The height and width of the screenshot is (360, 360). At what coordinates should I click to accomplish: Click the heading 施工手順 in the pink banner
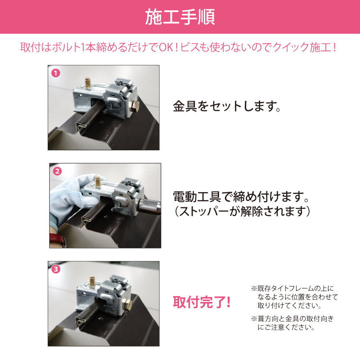pos(180,17)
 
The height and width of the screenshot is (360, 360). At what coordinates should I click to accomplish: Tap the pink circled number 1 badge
pos(56,73)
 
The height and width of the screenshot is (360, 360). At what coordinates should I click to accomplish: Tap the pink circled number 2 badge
pos(58,171)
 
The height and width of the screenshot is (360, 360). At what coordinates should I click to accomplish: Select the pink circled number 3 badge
pos(56,269)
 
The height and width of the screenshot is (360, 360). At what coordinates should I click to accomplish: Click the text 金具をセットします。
pos(227,106)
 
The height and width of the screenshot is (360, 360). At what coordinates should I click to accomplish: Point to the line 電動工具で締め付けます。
pos(241,197)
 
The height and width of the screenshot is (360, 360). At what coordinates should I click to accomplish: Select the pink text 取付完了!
pos(202,302)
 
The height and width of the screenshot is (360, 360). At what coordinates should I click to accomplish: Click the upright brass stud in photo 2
pos(98,181)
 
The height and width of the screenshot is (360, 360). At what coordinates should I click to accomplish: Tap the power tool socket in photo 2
pos(149,206)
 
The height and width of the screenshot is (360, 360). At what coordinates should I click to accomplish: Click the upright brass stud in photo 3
pos(92,281)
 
